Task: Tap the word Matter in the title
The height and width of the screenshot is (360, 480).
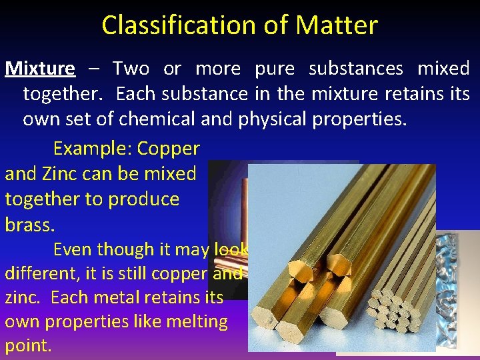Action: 337,25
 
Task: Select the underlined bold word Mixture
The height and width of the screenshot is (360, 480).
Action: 40,68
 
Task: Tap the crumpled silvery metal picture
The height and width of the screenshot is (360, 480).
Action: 457,293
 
